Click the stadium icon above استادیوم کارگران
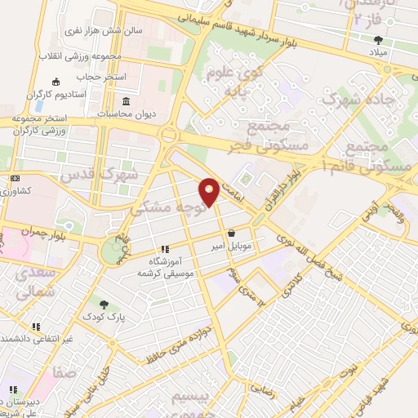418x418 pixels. pyautogui.click(x=56, y=82)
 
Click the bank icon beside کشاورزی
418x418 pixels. pyautogui.click(x=15, y=178)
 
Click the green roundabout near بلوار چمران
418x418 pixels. pyautogui.click(x=109, y=253)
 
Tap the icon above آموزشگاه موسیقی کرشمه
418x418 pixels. pyautogui.click(x=164, y=249)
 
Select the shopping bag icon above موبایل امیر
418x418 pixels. pyautogui.click(x=231, y=233)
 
